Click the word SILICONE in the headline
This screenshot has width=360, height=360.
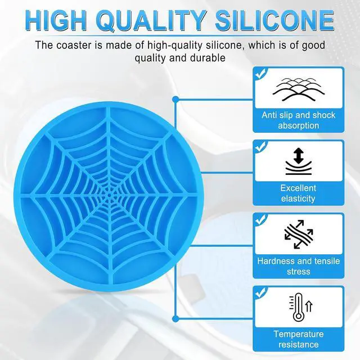274,20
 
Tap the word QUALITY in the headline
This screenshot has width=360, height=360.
151,21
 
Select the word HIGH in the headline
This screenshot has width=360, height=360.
56,20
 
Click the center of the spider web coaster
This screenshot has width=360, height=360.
109,196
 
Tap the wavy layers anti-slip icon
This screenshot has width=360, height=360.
299,89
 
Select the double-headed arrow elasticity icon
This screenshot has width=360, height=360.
299,161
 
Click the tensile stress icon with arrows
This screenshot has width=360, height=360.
299,234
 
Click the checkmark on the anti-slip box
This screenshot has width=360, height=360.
260,74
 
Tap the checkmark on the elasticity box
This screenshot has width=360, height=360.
260,146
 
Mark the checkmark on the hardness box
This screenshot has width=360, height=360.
260,219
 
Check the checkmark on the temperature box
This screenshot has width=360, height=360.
260,292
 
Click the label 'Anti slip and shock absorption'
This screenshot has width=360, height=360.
299,120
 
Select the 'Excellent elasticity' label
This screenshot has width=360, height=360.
298,193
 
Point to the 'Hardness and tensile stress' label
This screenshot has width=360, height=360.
299,266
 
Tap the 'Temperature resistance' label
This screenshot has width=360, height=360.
299,339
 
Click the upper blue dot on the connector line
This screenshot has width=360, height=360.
175,100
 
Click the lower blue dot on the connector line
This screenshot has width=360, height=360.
175,319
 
